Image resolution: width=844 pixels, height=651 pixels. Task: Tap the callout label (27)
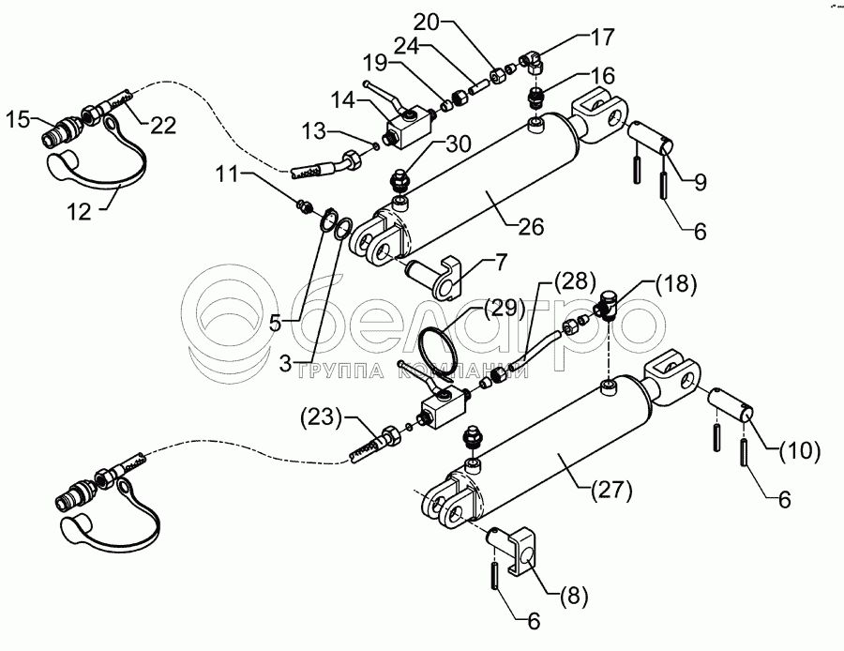(x=613, y=488)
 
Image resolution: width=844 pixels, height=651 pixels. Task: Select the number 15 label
(x=17, y=119)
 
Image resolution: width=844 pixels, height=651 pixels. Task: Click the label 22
(x=163, y=128)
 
